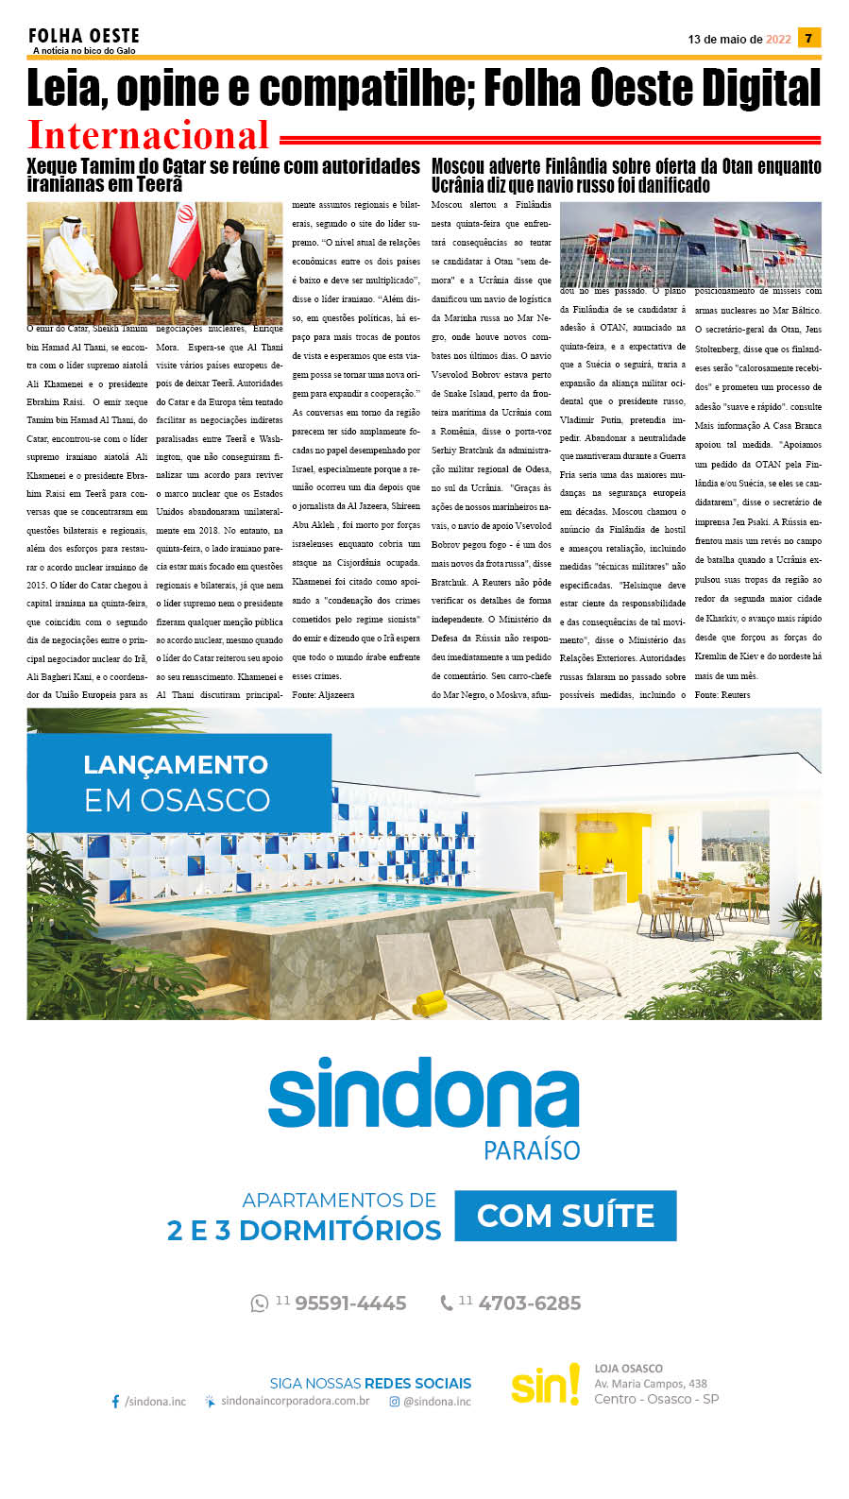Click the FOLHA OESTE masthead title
pos(84,36)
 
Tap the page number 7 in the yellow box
pos(808,38)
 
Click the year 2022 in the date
pos(778,40)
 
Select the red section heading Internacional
pos(148,135)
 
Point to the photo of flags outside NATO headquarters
pos(690,245)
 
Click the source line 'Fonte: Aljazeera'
pos(323,695)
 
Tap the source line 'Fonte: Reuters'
pos(722,695)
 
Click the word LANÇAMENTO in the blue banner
pos(176,764)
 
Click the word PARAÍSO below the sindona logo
pos(532,1150)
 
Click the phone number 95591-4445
pos(350,1303)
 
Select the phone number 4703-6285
pos(529,1303)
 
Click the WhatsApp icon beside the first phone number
pos(259,1303)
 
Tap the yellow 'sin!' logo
pos(545,1385)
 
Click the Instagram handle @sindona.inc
pos(436,1402)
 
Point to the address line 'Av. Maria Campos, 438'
pos(651,1384)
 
